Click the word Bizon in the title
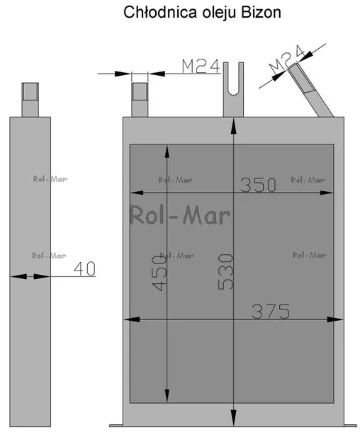click(x=261, y=13)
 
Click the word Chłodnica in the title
click(x=160, y=13)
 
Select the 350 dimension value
click(x=258, y=185)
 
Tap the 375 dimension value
click(x=271, y=312)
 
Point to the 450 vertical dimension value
click(x=159, y=273)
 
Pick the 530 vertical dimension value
click(x=225, y=272)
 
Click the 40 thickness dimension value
click(x=84, y=268)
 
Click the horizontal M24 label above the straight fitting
click(x=201, y=66)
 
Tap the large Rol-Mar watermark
click(x=180, y=215)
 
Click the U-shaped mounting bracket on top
click(x=233, y=89)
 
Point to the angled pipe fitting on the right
click(x=310, y=89)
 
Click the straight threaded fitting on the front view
click(x=140, y=100)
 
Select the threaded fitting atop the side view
click(x=30, y=100)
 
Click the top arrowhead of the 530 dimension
click(x=233, y=126)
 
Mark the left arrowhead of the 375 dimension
click(x=132, y=319)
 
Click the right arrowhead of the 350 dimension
click(x=327, y=193)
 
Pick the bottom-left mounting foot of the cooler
click(x=116, y=426)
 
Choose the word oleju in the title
click(x=219, y=13)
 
